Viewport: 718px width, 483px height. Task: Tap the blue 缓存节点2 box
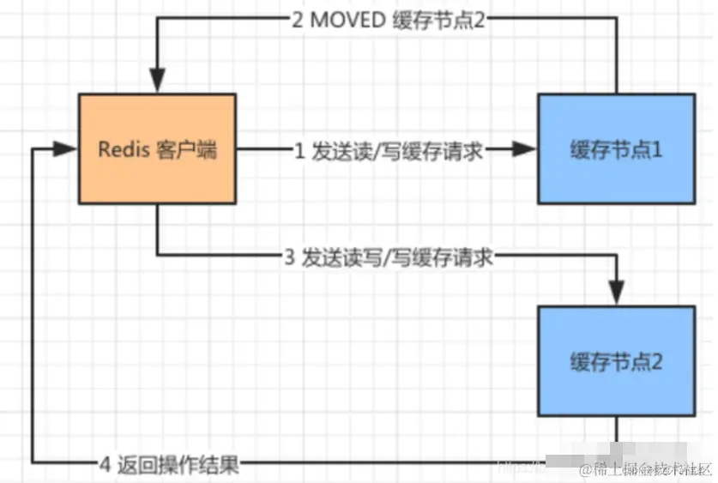pyautogui.click(x=616, y=361)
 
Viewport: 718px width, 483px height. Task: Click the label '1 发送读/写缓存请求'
pyautogui.click(x=388, y=151)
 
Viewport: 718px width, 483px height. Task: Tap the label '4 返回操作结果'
pyautogui.click(x=168, y=466)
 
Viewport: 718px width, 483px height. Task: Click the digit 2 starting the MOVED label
pyautogui.click(x=297, y=21)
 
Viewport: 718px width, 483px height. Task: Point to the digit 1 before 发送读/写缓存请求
pyautogui.click(x=299, y=151)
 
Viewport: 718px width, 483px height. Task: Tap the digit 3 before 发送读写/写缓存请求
pyautogui.click(x=290, y=257)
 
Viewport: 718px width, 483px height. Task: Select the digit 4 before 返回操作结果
pyautogui.click(x=105, y=466)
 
